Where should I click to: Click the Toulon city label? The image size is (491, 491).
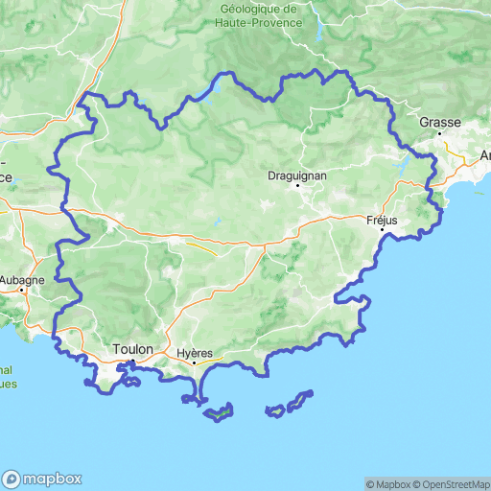(132, 349)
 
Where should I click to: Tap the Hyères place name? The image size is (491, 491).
(195, 353)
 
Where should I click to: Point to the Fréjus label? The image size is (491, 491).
(382, 220)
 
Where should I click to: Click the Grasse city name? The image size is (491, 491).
(440, 123)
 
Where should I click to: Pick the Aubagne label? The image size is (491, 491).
(21, 280)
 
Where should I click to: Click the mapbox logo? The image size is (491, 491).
(42, 479)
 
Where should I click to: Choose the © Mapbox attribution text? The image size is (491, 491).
(386, 483)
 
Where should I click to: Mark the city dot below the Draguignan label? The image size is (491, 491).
(298, 185)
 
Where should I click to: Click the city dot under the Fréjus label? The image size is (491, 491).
(382, 230)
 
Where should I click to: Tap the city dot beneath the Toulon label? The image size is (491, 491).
(132, 361)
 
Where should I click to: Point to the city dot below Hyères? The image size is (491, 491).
(195, 362)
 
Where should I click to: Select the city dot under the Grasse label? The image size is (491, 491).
(439, 133)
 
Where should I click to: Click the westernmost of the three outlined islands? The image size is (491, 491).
(220, 413)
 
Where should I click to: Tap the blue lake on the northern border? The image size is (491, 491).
(212, 89)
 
